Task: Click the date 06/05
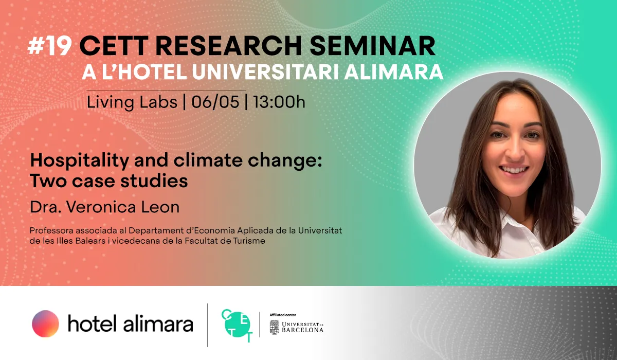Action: coord(215,102)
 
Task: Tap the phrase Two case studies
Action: coord(108,181)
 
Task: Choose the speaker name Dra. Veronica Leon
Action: coord(104,207)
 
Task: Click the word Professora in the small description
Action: coord(50,230)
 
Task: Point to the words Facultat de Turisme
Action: coord(233,240)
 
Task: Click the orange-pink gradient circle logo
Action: coord(45,323)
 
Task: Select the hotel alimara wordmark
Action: coord(130,324)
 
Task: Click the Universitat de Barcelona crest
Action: coord(275,327)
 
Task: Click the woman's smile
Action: coord(513,169)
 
